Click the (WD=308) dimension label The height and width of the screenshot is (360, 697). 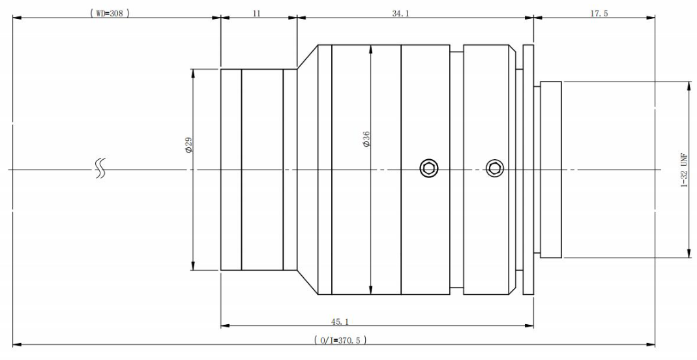(110, 13)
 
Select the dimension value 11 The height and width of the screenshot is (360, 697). (256, 13)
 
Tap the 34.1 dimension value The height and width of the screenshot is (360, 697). (400, 13)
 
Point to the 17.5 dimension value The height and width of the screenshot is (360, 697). (599, 13)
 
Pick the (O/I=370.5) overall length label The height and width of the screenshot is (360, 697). (340, 340)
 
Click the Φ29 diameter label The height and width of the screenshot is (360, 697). (188, 145)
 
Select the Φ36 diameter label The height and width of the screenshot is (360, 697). (366, 139)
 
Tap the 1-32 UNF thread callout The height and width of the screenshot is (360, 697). (685, 170)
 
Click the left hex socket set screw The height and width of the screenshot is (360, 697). (428, 168)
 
